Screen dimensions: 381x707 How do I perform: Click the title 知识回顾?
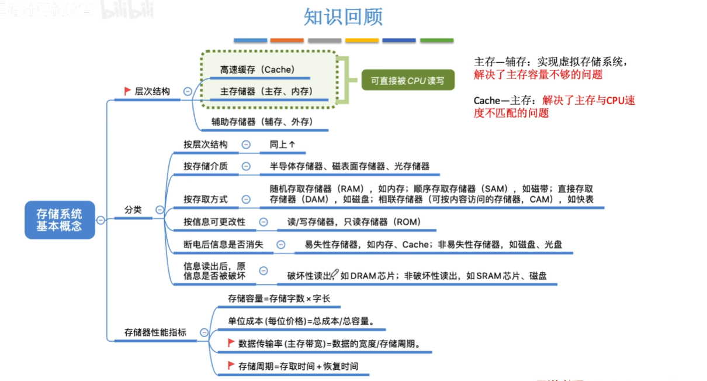click(343, 16)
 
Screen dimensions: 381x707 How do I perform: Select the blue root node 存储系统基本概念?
click(59, 219)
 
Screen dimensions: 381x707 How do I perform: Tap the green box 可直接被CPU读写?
click(407, 81)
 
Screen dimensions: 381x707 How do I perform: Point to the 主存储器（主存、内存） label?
click(266, 91)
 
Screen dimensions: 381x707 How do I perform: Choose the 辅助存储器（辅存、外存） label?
click(262, 121)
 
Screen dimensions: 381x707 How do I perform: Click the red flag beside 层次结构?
click(127, 91)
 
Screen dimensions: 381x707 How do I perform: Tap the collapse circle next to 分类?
click(160, 210)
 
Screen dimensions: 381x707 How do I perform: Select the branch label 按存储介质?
click(206, 166)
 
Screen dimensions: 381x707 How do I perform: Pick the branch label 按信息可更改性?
click(214, 222)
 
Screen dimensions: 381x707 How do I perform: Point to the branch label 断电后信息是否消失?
click(223, 244)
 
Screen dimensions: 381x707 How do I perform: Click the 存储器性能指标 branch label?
click(155, 332)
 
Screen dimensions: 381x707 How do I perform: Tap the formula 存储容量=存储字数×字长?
click(279, 298)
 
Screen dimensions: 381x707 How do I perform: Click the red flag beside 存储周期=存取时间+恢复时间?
click(231, 366)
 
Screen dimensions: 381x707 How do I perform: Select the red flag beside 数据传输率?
click(231, 343)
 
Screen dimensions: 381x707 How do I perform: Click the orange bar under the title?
click(287, 40)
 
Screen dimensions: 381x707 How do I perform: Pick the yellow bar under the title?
click(362, 40)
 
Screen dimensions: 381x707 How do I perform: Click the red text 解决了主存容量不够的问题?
click(538, 75)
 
